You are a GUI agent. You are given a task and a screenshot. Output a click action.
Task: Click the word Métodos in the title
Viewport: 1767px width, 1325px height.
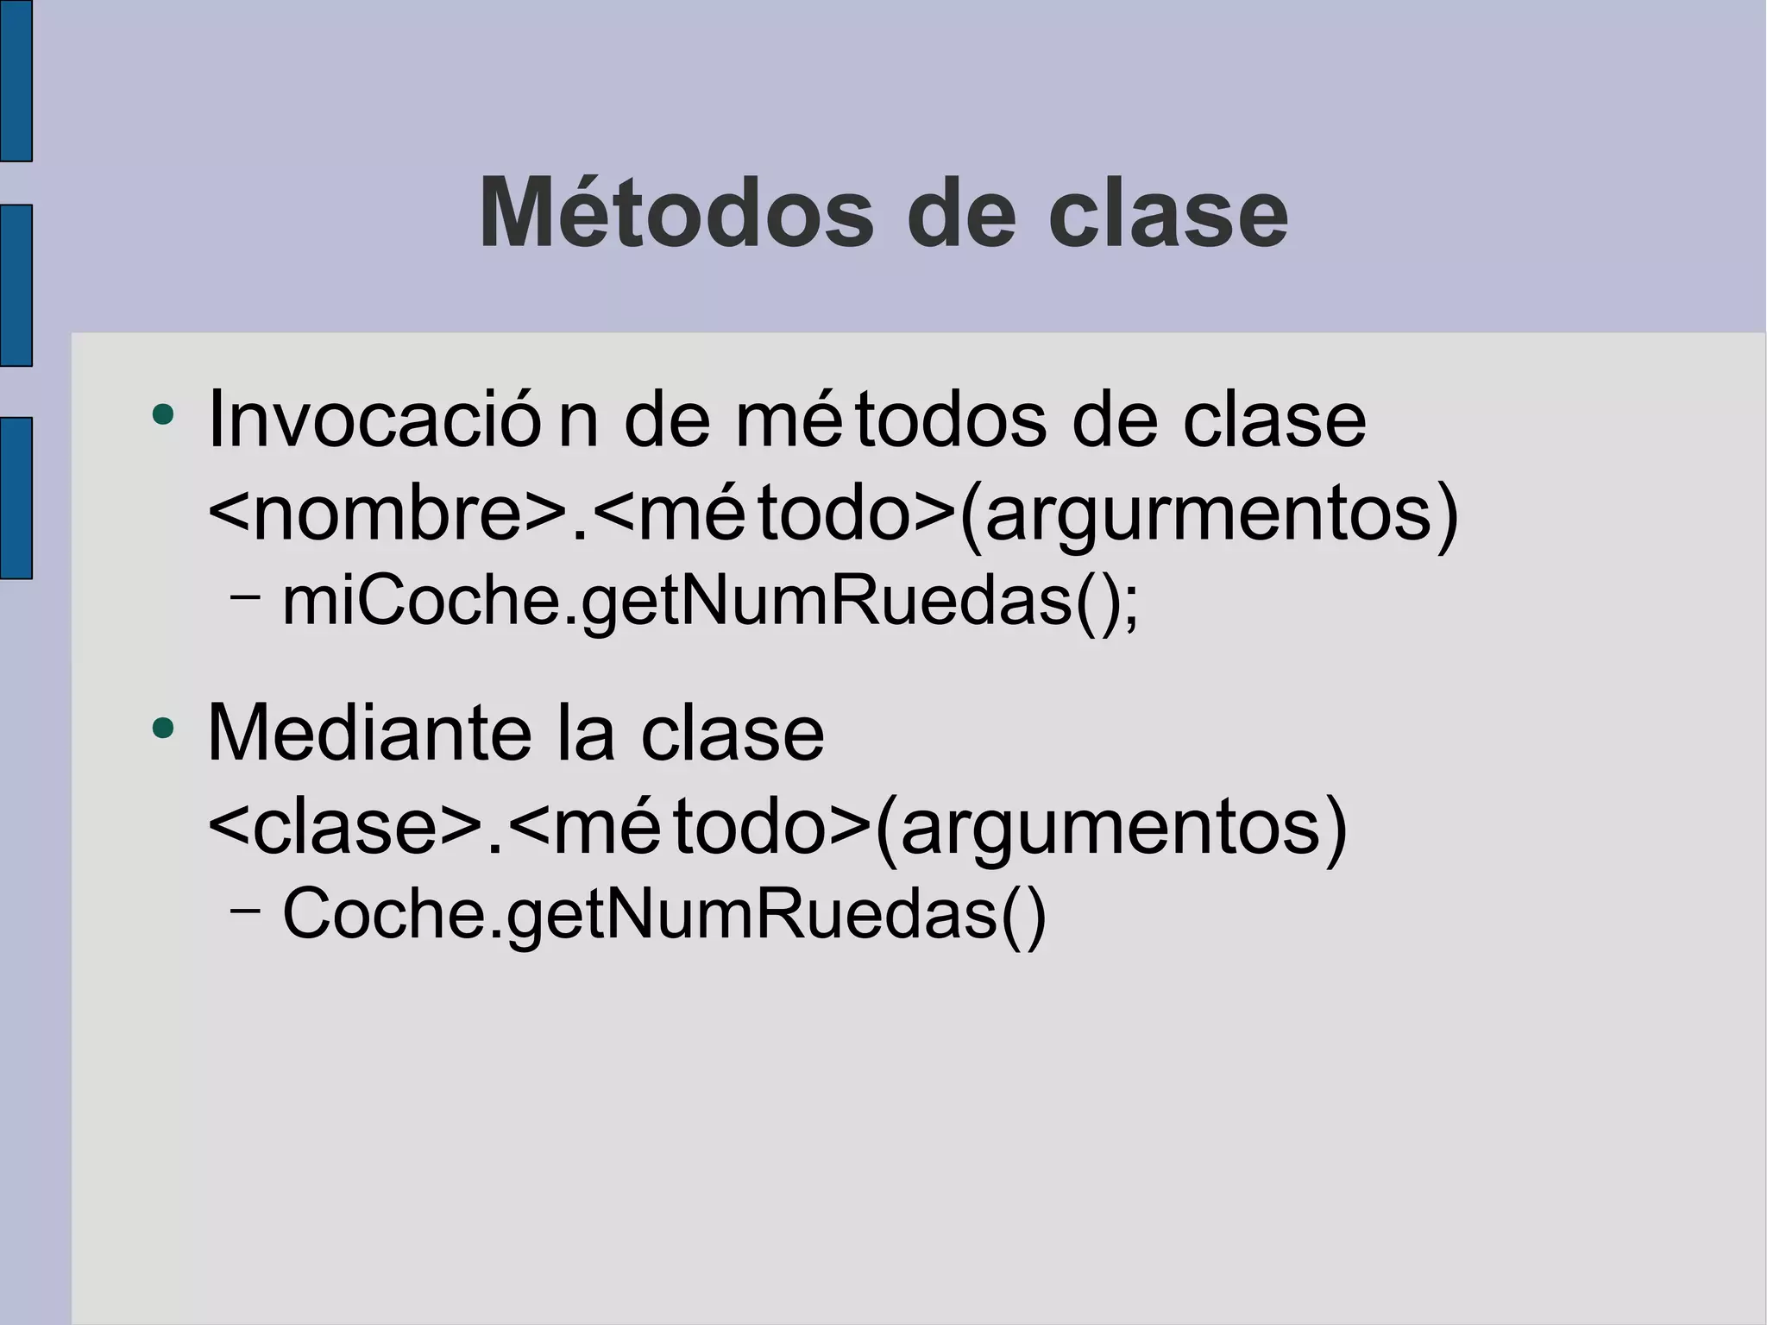point(676,213)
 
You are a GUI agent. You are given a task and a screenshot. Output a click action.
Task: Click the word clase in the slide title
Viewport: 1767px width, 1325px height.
point(1167,213)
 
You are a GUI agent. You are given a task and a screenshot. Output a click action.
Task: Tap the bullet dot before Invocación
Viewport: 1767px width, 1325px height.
point(162,415)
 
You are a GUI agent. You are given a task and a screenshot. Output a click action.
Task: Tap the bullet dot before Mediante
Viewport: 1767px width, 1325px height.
point(162,729)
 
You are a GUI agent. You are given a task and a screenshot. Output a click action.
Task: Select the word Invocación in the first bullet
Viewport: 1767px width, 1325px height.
point(402,420)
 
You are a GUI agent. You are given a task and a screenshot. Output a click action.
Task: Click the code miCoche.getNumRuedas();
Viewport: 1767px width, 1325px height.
point(710,602)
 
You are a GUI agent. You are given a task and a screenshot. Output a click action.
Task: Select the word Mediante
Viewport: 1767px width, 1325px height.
point(368,734)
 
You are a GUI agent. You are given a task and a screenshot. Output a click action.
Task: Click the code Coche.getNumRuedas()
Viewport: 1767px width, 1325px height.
point(664,914)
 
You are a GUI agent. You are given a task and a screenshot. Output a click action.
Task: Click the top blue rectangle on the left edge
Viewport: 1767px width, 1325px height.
point(16,80)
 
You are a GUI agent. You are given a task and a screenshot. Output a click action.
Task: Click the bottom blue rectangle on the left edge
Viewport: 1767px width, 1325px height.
point(16,497)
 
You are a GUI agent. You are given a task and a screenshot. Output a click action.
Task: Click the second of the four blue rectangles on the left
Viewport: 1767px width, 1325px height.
point(16,285)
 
